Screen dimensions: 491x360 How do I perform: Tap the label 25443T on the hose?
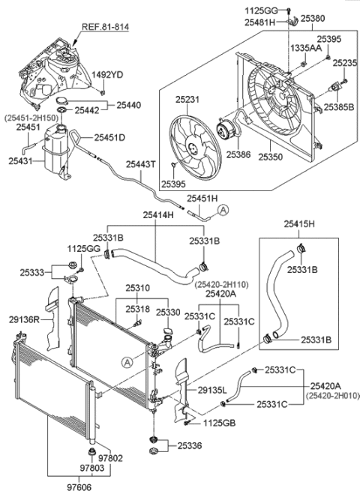140,164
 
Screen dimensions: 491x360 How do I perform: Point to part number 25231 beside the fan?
189,98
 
